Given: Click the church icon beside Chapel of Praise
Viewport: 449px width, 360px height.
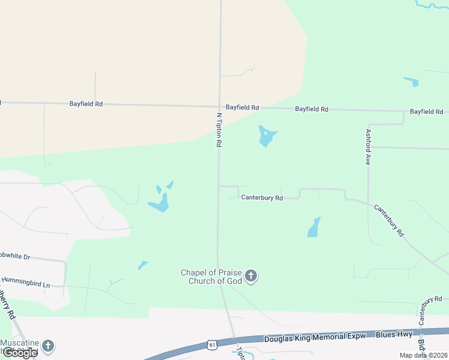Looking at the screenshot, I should point(251,277).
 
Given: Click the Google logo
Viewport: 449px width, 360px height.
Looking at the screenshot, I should point(20,353).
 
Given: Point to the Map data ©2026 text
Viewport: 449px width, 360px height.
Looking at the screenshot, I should point(423,355).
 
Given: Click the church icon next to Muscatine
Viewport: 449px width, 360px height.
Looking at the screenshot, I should point(47,346).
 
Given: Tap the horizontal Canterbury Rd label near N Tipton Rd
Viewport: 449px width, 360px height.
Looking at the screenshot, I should point(261,197).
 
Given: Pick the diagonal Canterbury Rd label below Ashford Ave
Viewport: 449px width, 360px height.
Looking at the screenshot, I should point(389,220).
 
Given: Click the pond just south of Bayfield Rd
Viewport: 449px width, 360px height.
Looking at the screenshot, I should point(266,136).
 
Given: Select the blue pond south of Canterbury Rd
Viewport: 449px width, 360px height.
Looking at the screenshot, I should point(314,227).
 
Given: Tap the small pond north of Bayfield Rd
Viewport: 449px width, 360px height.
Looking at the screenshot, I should point(411,82).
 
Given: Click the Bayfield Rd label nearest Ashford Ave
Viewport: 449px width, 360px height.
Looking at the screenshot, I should point(426,112).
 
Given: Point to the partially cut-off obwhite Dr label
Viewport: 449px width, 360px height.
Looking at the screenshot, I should point(14,256).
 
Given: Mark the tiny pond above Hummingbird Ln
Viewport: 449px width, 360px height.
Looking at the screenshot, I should point(143,265).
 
